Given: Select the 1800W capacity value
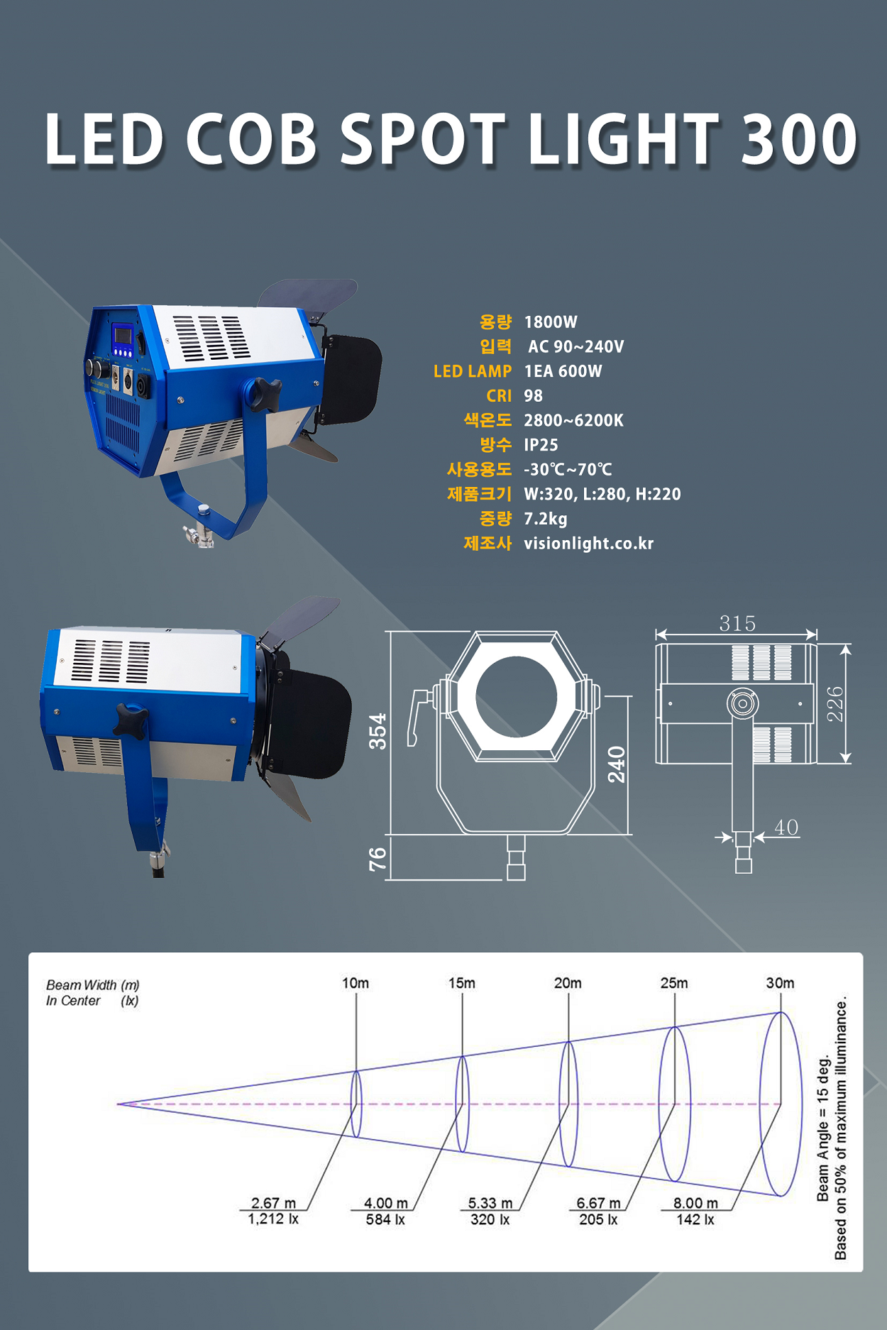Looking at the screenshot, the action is point(551,322).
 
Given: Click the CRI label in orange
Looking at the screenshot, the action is point(499,396).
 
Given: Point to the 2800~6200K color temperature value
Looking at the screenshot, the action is point(573,421).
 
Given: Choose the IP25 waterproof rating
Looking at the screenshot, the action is point(541,445).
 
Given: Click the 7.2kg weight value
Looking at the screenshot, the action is point(546,519).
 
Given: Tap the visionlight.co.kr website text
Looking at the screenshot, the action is point(589,544).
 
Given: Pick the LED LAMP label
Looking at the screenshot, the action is point(473,371).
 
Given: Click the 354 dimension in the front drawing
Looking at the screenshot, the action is point(378,731).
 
